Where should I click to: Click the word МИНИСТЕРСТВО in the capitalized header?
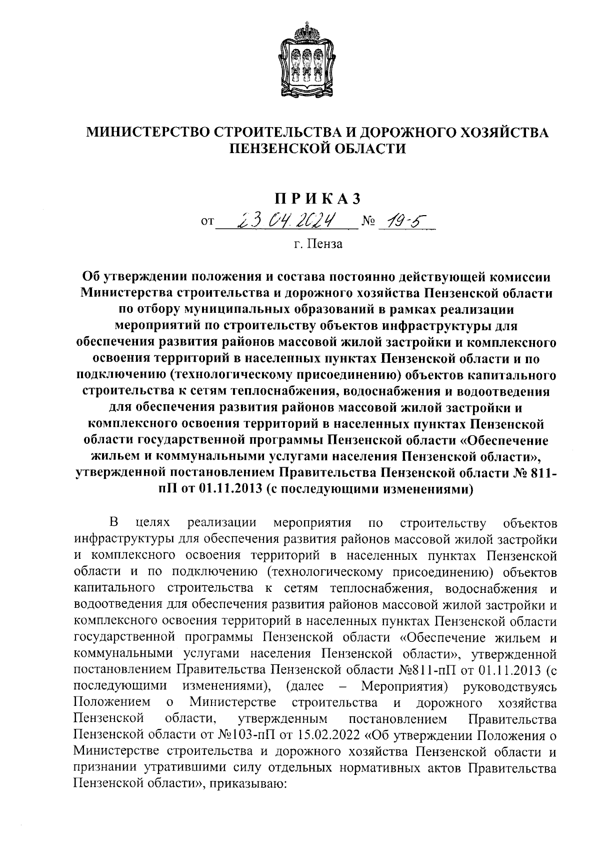pos(145,132)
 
